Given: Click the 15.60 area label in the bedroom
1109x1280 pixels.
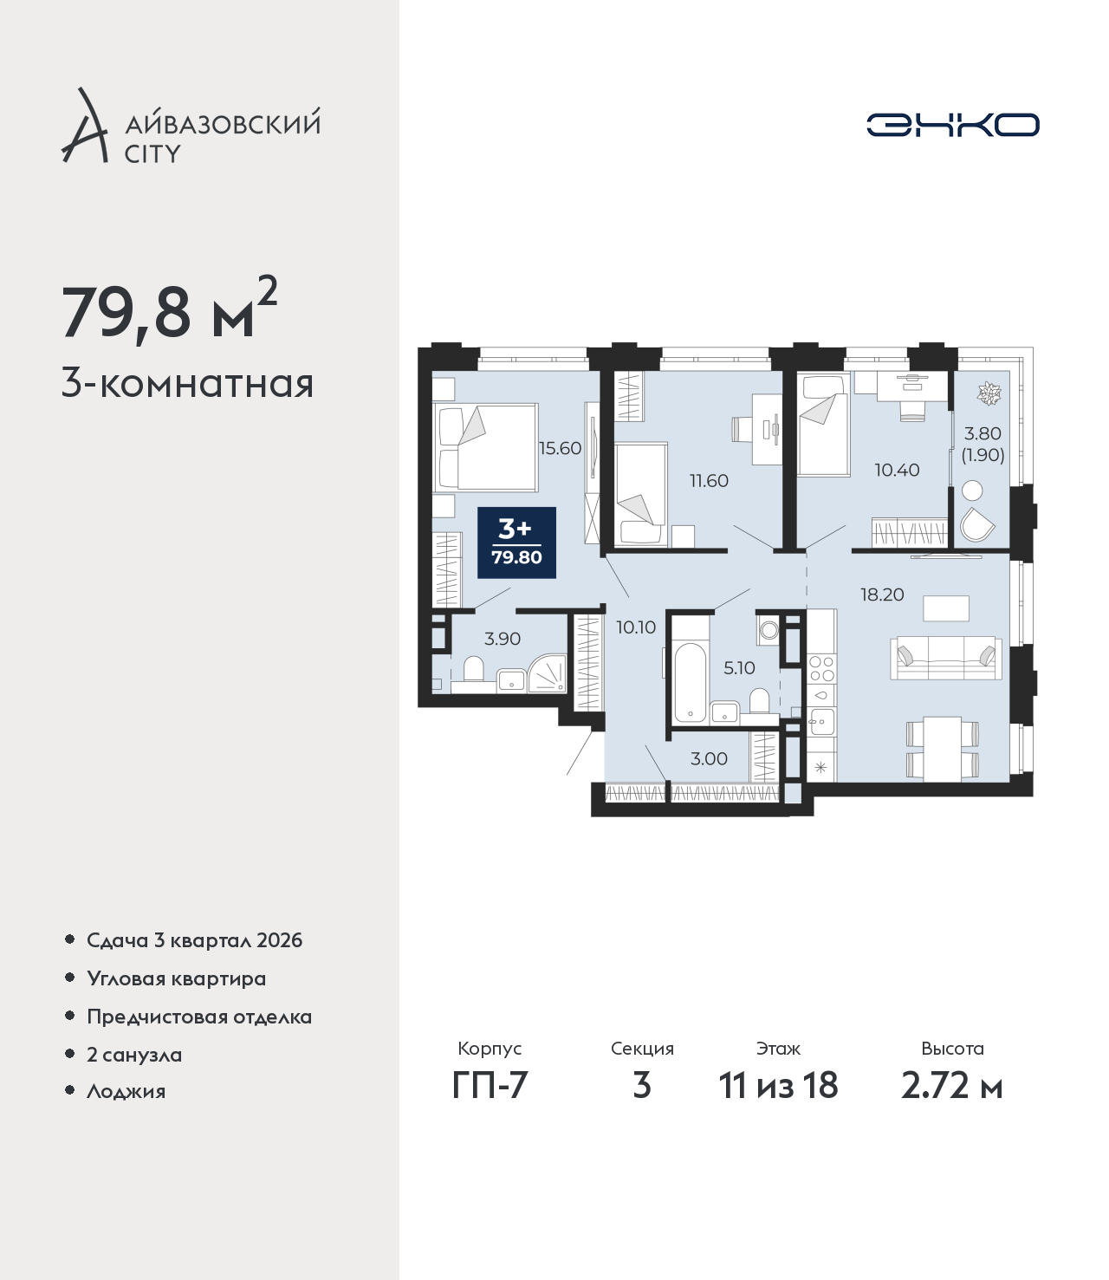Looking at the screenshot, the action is click(560, 448).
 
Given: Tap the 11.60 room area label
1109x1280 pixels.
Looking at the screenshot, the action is click(709, 481).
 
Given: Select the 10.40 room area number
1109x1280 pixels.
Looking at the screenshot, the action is click(897, 470).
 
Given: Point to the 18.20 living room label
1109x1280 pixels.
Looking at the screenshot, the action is click(882, 595).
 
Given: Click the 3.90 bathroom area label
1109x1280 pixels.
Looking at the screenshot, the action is click(503, 639).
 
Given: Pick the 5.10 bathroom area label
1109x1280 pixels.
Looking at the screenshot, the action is click(739, 667).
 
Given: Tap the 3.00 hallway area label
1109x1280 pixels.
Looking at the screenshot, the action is click(709, 758).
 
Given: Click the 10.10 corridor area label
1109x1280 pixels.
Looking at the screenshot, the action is click(636, 627).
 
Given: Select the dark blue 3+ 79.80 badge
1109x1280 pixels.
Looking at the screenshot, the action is click(516, 543).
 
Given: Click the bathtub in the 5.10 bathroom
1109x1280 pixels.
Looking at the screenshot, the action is click(690, 683).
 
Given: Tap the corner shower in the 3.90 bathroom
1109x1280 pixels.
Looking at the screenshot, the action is click(546, 673).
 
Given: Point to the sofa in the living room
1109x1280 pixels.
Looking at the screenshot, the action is click(945, 658).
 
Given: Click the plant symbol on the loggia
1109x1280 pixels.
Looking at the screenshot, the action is click(989, 393).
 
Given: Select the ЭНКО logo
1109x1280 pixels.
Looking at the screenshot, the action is click(952, 125).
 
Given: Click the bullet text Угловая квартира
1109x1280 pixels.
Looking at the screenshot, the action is click(177, 979).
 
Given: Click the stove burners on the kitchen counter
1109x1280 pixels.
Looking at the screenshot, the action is click(821, 669).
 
